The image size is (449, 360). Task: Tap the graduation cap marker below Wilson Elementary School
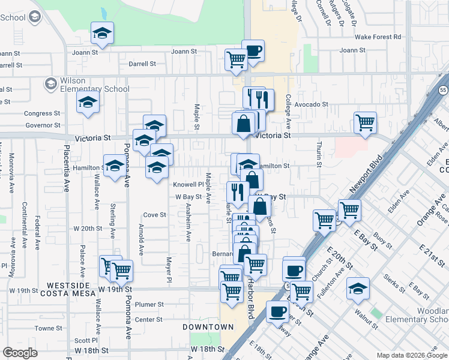click(x=88, y=103)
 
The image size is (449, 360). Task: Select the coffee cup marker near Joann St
click(x=253, y=51)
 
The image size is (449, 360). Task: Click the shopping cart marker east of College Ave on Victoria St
click(x=366, y=123)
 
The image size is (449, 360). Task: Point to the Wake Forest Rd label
click(x=378, y=37)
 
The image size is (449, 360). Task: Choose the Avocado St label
click(x=312, y=104)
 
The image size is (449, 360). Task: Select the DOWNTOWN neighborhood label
click(x=208, y=327)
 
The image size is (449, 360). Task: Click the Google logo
click(x=20, y=353)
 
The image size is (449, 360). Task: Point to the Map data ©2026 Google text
click(x=412, y=355)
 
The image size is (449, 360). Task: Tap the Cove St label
click(x=154, y=215)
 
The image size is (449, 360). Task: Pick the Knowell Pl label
click(x=185, y=184)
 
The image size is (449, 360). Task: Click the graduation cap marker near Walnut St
click(x=358, y=289)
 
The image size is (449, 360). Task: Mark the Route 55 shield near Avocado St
click(x=442, y=90)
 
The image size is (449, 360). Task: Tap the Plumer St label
click(x=150, y=304)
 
